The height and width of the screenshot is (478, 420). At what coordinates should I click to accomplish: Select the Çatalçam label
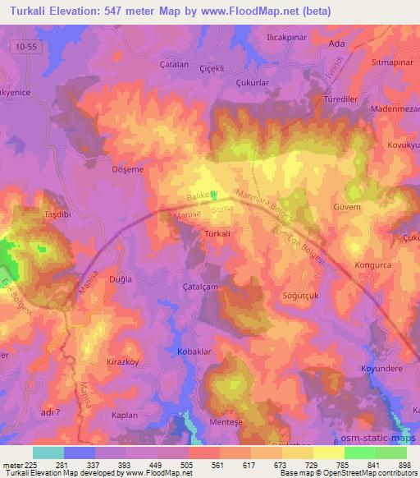coord(200,287)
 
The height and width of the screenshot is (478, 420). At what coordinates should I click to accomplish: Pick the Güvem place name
coord(348,208)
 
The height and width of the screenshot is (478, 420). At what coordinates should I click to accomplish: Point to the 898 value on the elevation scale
coord(405,465)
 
